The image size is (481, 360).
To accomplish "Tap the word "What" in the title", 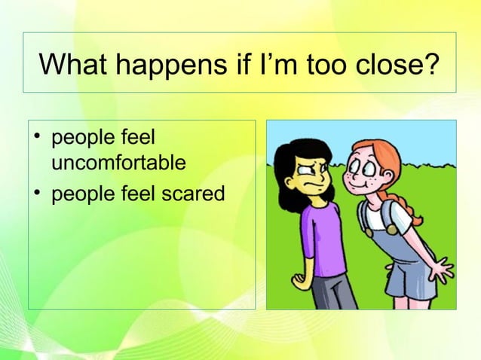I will [x=72, y=65].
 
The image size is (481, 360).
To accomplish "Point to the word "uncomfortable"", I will [x=119, y=162].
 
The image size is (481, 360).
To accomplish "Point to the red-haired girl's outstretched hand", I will [x=440, y=269].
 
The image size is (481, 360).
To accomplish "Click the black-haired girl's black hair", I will [x=290, y=154].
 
